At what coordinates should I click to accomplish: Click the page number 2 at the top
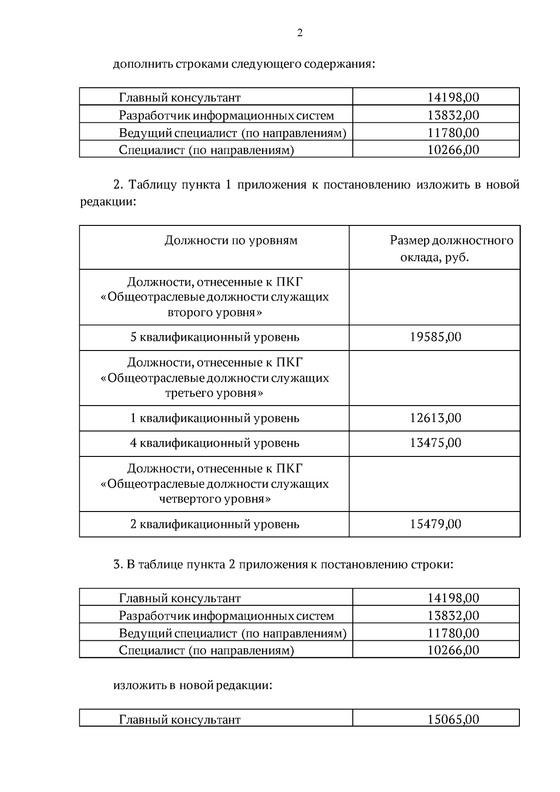300,33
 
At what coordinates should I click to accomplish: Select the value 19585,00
435,337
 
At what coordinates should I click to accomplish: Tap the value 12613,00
435,418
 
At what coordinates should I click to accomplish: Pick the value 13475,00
435,443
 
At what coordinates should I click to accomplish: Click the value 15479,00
435,524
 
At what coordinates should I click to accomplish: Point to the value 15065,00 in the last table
453,719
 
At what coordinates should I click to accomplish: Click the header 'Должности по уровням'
231,241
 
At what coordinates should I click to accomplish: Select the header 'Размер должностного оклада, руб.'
451,249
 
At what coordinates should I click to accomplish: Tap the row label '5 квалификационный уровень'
215,337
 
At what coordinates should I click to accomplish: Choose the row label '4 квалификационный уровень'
215,443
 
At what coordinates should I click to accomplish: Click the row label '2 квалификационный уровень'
215,524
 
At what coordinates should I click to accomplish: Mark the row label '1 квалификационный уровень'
215,418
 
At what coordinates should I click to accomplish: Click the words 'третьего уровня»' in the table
214,393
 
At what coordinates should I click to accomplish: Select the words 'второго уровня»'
215,312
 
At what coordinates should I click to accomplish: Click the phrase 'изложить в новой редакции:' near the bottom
193,686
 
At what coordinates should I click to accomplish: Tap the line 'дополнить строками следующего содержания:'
244,64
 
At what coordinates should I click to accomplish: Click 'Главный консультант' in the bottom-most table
180,719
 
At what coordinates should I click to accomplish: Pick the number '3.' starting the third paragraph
118,565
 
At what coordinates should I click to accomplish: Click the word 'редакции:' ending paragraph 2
108,202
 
